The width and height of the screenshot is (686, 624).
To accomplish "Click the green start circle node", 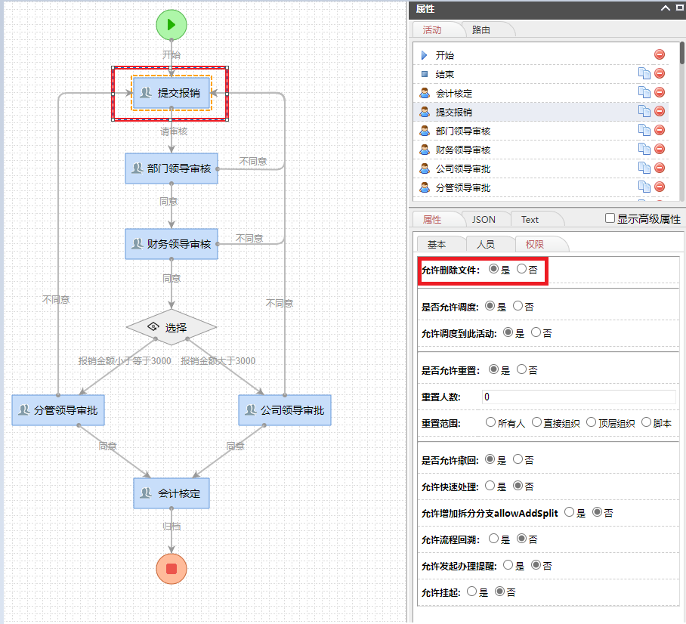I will pos(171,24).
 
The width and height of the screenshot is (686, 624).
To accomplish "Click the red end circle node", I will pos(171,568).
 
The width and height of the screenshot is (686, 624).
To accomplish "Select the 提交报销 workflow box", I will pos(171,93).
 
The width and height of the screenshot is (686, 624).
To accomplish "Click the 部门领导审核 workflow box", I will pos(171,168).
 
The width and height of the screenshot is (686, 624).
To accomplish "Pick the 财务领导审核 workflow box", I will pos(171,244).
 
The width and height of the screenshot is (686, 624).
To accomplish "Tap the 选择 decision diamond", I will pos(171,327).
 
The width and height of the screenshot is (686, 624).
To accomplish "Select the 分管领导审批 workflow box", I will pos(58,410).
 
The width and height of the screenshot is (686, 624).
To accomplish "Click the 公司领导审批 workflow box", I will pos(285,410).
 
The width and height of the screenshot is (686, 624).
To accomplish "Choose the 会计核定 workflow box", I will pos(171,493).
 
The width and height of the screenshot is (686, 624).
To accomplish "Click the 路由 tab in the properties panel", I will pos(481,29).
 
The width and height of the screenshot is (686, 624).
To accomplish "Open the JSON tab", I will pos(484,219).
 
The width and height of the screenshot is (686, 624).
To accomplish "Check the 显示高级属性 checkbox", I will pos(610,218).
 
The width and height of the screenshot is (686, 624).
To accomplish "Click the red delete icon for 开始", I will pos(660,54).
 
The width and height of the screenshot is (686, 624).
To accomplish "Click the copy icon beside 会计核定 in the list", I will pos(644,92).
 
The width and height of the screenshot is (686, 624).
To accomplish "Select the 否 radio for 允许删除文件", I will pos(521,269).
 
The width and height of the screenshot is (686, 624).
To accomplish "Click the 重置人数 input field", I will pos(578,397).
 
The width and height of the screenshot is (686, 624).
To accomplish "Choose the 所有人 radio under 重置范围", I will pos(491,423).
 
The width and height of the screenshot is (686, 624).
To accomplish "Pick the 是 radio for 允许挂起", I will pos(472,592).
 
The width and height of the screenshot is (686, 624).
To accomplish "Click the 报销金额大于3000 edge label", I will pos(218,361).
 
